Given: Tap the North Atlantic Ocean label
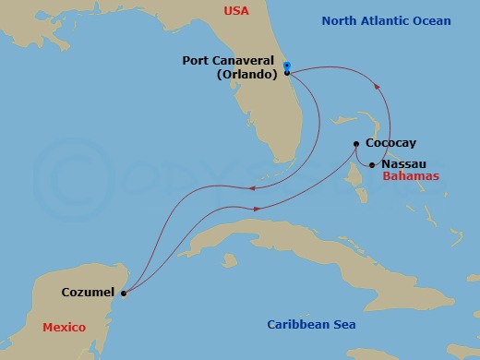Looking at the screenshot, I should [399, 21].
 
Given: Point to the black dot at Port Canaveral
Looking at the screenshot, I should [287, 72].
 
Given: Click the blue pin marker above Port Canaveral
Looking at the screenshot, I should [287, 66].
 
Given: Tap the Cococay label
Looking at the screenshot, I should [390, 143].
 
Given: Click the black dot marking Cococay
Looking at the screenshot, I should [356, 143].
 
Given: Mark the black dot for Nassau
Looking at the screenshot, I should [372, 165].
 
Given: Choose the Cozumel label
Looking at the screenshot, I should [88, 293].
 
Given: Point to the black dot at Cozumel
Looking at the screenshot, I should [124, 294].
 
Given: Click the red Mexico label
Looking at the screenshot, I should [64, 328].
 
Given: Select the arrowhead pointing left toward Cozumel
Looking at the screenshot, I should [250, 190].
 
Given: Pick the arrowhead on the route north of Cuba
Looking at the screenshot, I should [256, 209].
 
